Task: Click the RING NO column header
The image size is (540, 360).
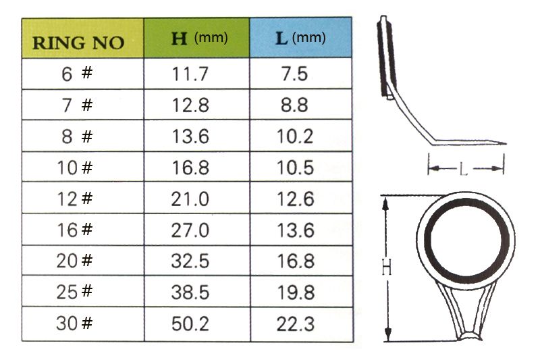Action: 82,38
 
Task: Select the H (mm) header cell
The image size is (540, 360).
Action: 196,38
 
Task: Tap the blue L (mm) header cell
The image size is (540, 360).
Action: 300,38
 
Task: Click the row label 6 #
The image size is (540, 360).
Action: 77,74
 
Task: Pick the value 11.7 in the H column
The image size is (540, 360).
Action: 190,74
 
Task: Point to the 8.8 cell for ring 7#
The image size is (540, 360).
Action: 294,105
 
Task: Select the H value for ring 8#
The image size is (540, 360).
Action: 190,136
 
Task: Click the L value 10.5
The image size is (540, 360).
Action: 296,168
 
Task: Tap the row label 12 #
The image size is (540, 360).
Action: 75,199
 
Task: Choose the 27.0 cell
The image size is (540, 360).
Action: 190,230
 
